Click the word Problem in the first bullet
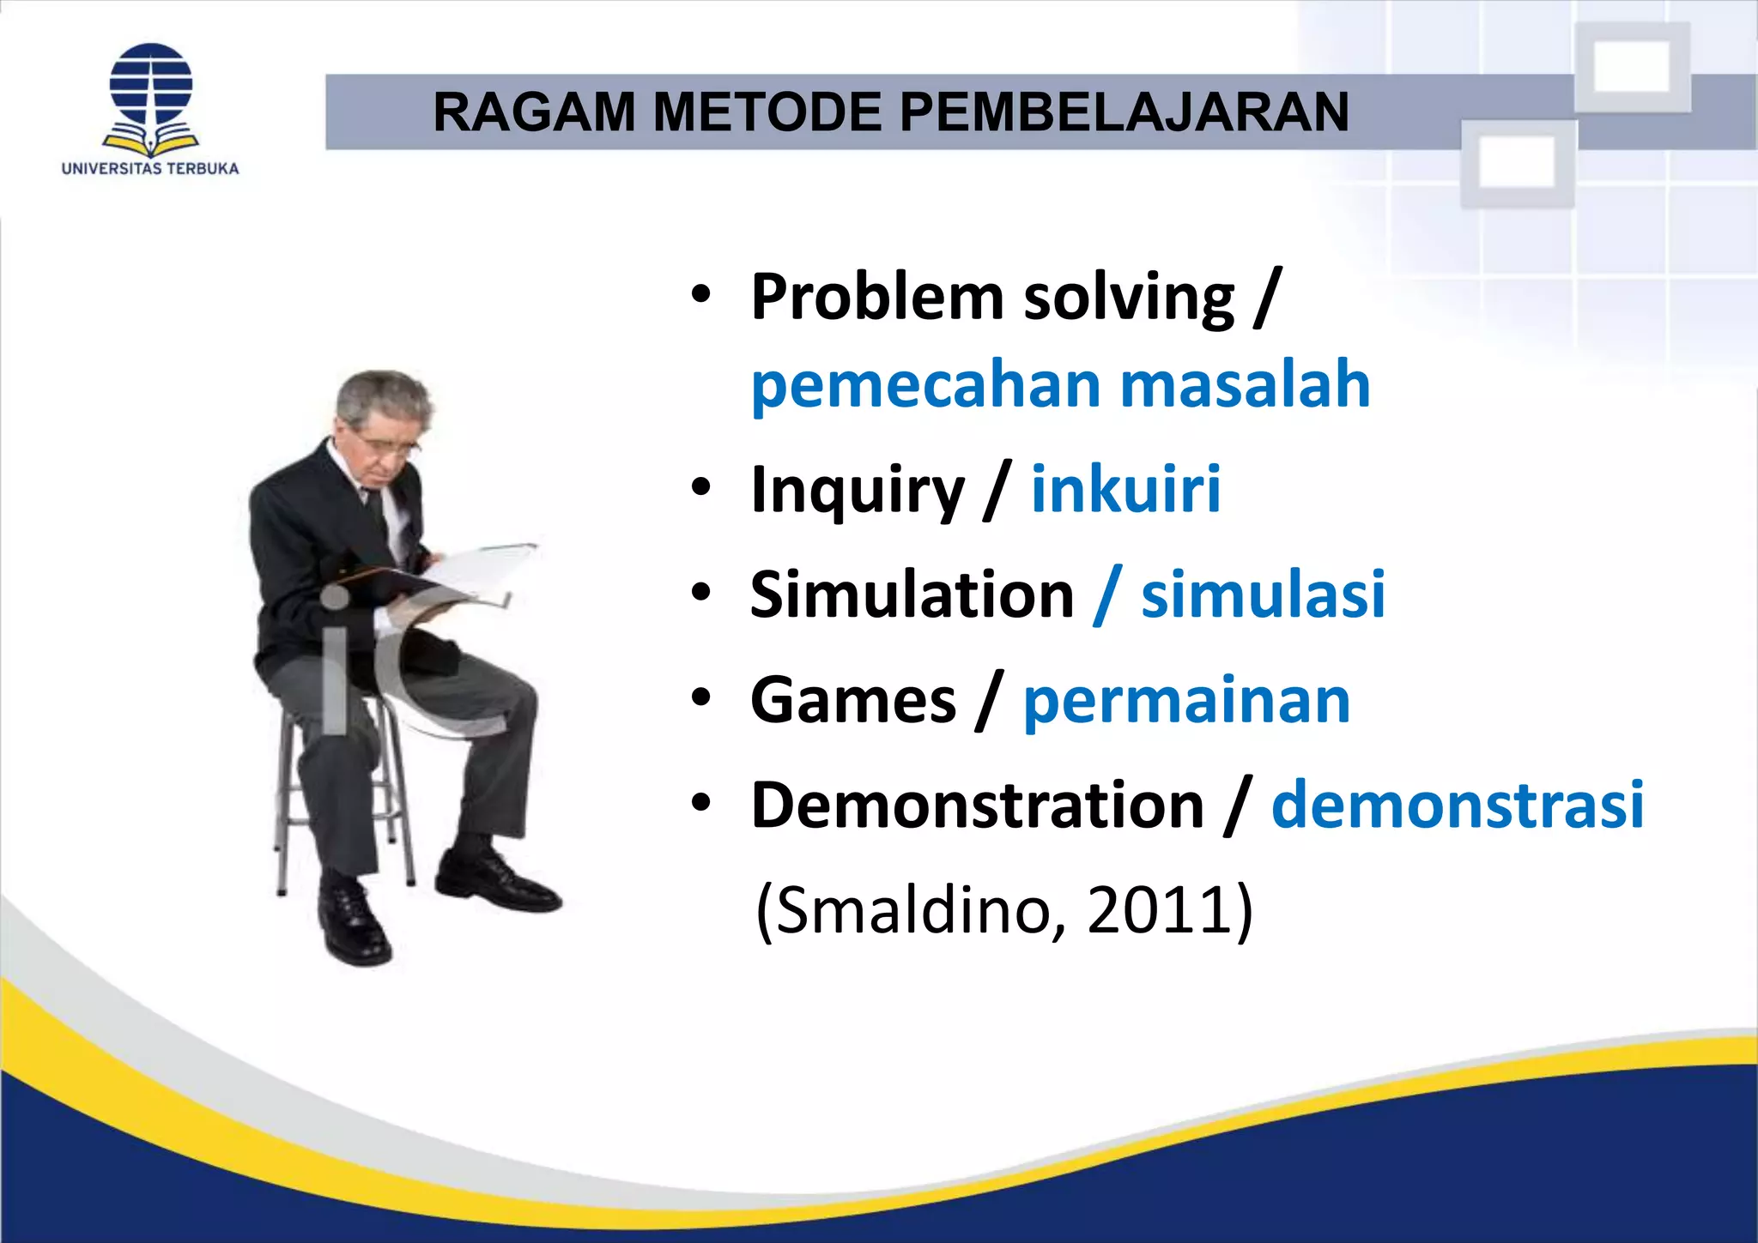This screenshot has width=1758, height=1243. pyautogui.click(x=876, y=298)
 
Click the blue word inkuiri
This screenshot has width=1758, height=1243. pyautogui.click(x=1125, y=490)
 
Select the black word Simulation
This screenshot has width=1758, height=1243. pyautogui.click(x=912, y=594)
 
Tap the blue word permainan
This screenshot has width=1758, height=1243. pyautogui.click(x=1186, y=701)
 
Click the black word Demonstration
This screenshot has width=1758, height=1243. pyautogui.click(x=977, y=806)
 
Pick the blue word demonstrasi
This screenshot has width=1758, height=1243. pyautogui.click(x=1457, y=806)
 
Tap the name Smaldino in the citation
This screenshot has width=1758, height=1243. pyautogui.click(x=915, y=910)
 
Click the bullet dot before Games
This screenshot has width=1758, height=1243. pyautogui.click(x=701, y=698)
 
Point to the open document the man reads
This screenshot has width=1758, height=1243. pyautogui.click(x=481, y=570)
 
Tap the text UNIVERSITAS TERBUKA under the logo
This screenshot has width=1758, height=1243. pyautogui.click(x=150, y=169)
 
